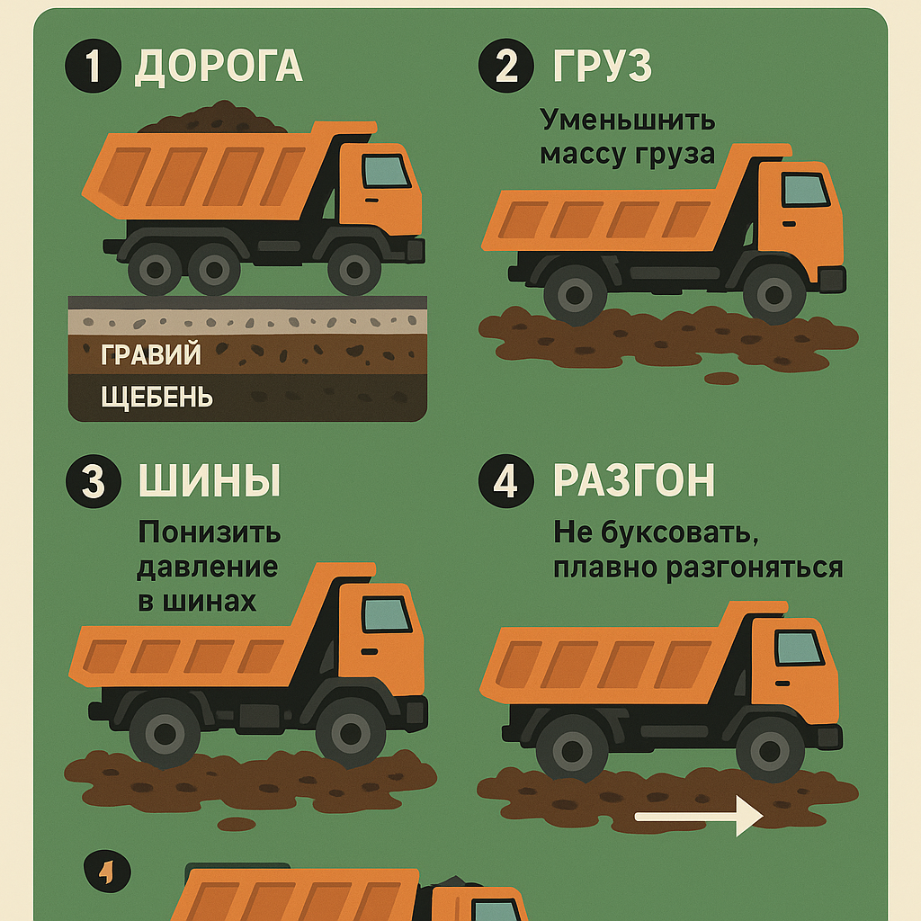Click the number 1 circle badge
[93, 65]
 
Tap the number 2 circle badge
[506, 65]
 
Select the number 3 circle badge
[94, 481]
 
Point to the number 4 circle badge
[506, 481]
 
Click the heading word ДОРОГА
[219, 67]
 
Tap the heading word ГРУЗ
[603, 65]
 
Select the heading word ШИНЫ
[210, 480]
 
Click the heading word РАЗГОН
[634, 480]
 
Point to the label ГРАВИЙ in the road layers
[151, 354]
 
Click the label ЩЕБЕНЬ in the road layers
[156, 397]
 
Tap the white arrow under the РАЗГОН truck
[699, 816]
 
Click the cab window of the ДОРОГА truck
[386, 171]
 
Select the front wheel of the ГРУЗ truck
[774, 294]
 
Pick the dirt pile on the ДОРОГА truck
[212, 119]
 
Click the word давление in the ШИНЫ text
[208, 568]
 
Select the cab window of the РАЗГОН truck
[800, 648]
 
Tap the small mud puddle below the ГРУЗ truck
[721, 379]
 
